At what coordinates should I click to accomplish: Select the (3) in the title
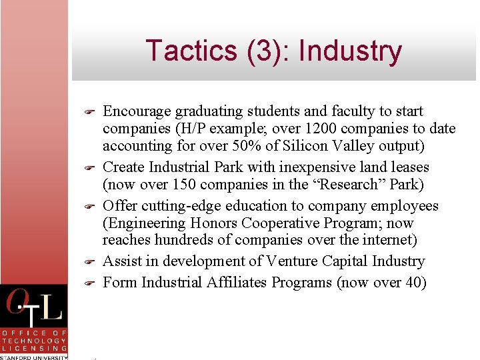coord(258,51)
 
